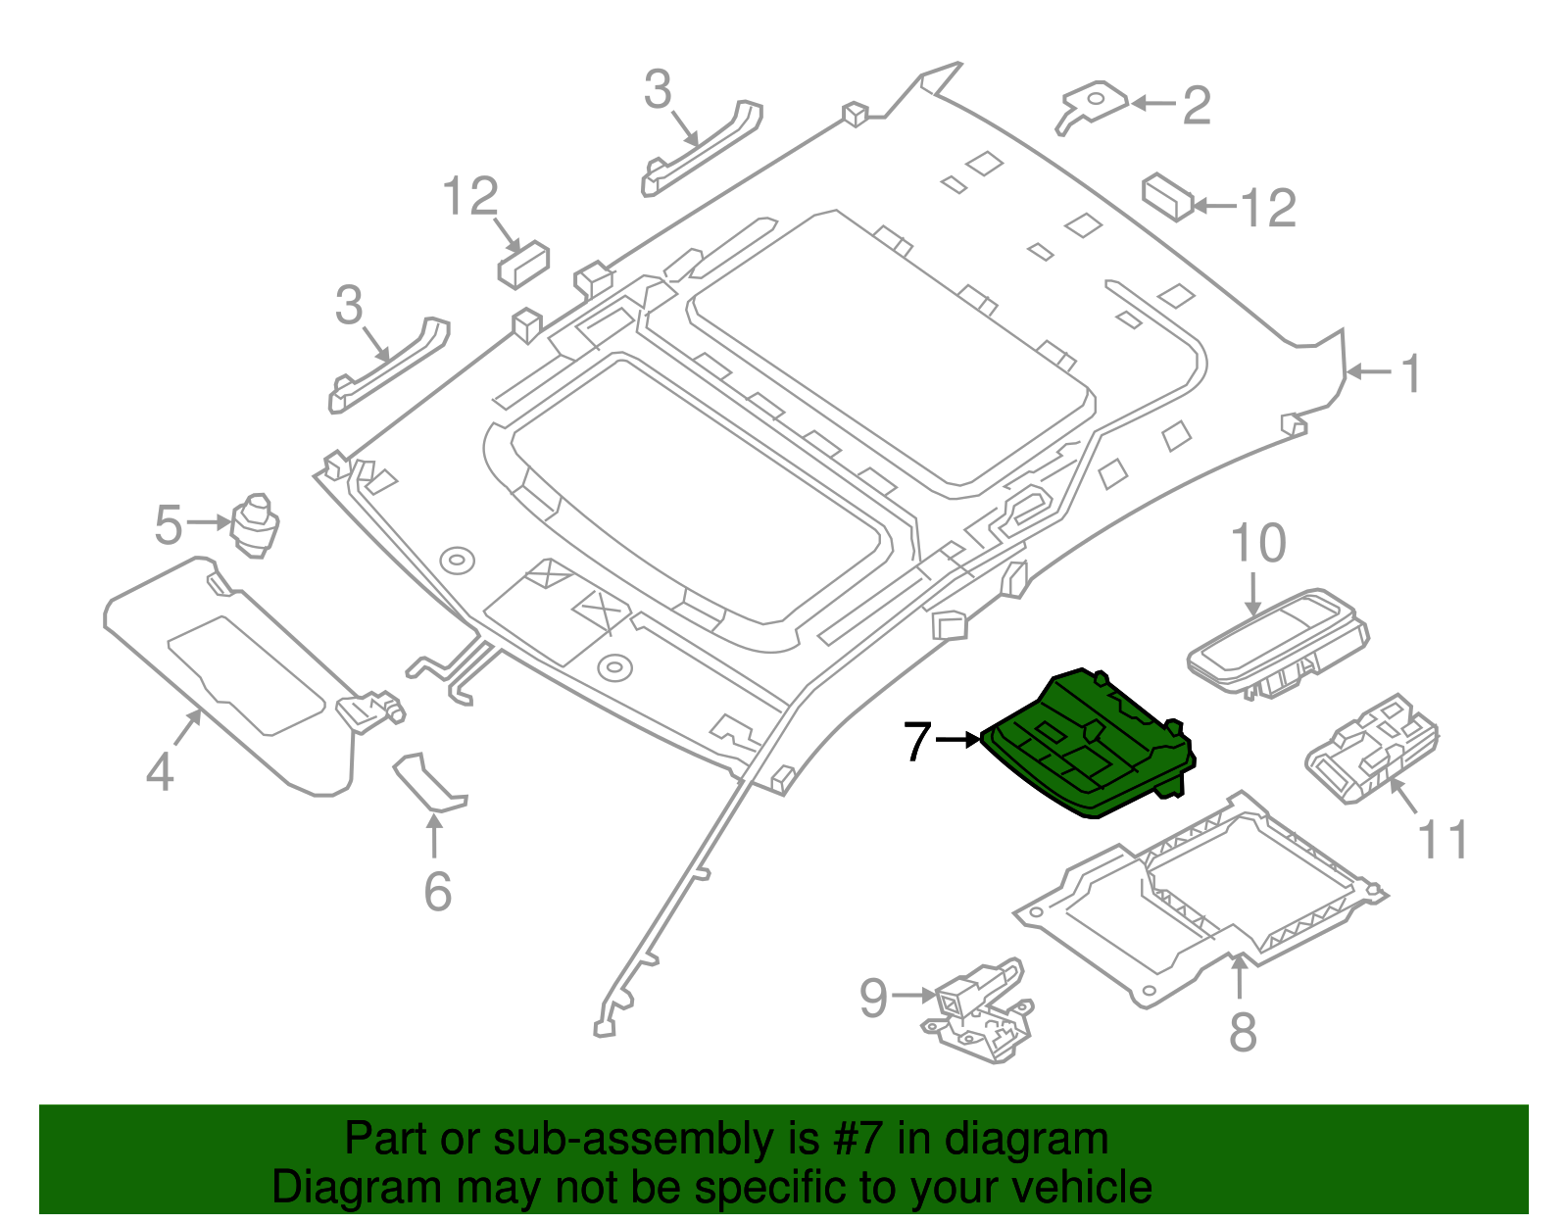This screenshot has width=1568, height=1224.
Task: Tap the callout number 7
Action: [916, 741]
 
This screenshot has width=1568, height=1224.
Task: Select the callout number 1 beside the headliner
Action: [1410, 373]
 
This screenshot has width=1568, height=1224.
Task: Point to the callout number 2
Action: [1196, 105]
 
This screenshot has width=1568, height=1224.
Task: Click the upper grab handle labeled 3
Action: [704, 148]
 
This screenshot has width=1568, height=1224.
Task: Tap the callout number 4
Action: [160, 772]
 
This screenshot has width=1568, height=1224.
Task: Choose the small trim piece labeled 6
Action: [429, 783]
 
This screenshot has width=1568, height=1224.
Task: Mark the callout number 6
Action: [437, 892]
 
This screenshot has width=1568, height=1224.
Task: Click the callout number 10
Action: [1257, 544]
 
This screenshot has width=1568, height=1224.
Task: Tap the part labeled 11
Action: [1372, 749]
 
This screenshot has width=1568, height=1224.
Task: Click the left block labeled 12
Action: [522, 262]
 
